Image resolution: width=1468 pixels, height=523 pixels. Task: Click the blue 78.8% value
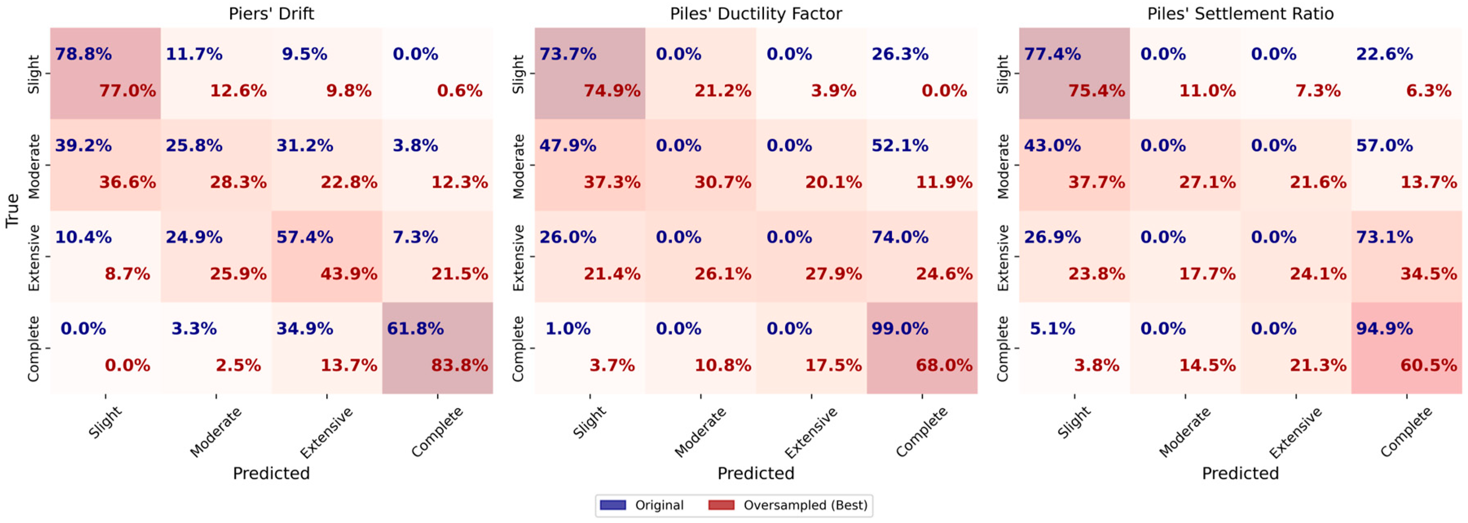click(83, 54)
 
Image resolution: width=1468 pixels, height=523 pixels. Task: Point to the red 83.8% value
click(459, 365)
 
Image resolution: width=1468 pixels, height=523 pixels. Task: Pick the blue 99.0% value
click(900, 328)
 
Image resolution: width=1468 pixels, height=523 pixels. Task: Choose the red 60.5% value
click(1428, 365)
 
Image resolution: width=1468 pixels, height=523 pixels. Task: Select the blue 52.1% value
click(900, 145)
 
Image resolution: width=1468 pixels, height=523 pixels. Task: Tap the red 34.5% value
click(1428, 274)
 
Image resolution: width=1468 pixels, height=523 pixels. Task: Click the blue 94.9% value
click(1384, 328)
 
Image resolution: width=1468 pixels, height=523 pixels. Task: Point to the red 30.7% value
click(723, 182)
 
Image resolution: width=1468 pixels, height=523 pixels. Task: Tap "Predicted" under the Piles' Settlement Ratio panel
click(1240, 473)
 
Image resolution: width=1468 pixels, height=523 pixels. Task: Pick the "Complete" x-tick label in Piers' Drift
click(437, 432)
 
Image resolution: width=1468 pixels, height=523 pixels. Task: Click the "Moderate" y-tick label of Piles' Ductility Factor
click(518, 166)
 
